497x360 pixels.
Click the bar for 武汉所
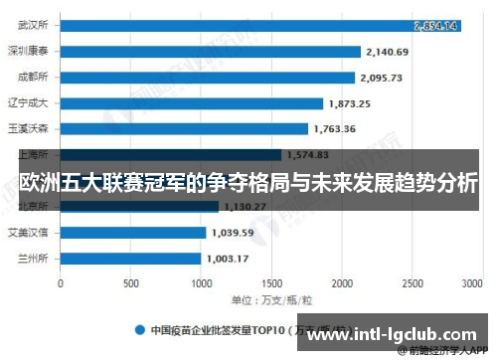tap(258, 25)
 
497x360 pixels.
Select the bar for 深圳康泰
tap(210, 51)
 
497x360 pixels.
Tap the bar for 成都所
tap(207, 77)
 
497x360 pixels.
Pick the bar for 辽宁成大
tap(191, 102)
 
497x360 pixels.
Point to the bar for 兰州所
tap(130, 258)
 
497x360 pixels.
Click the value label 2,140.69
tap(388, 51)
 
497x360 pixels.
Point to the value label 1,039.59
tap(233, 232)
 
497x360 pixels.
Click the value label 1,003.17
tap(228, 258)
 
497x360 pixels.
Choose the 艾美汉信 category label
tap(29, 232)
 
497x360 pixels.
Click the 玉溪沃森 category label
tap(29, 128)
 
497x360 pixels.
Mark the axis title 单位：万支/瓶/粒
tap(271, 298)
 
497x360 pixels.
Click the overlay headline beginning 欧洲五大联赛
tap(248, 183)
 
